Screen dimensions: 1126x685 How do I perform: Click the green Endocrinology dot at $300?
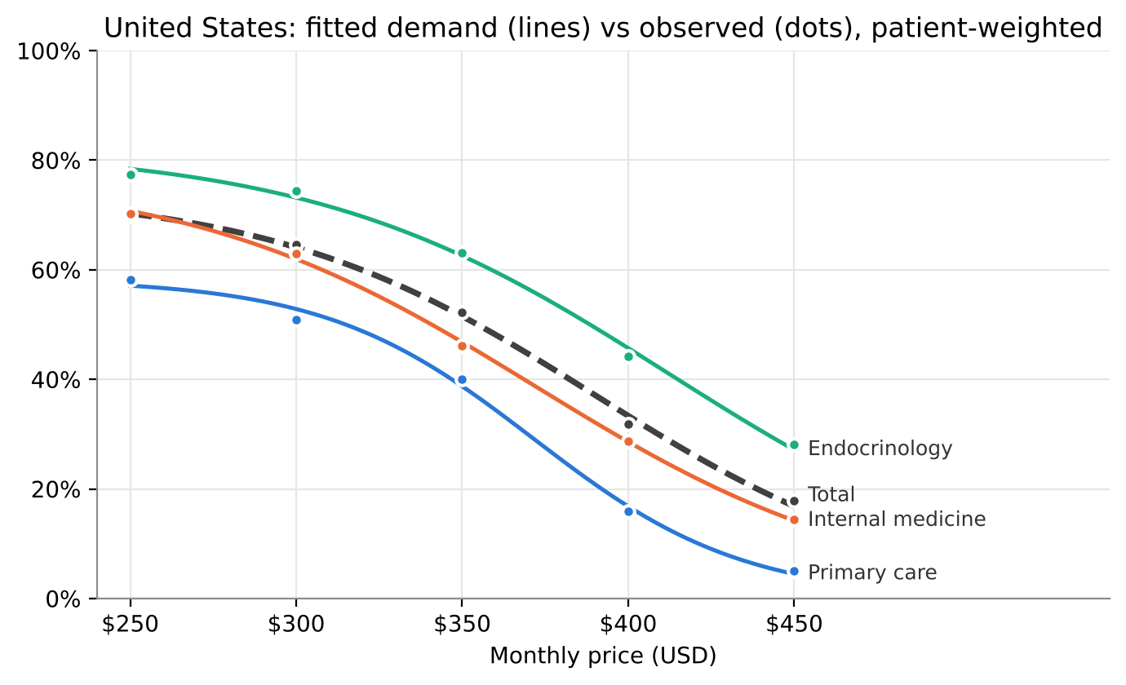[x=296, y=192]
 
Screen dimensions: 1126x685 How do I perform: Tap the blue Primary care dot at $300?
[x=296, y=320]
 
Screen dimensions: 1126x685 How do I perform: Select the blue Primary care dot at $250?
[x=131, y=281]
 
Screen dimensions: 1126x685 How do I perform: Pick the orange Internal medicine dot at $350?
[x=463, y=347]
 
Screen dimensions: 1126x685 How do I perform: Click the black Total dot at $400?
[x=628, y=425]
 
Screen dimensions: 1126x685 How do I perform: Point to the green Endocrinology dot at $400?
[x=628, y=357]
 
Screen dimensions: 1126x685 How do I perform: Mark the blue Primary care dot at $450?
[x=794, y=572]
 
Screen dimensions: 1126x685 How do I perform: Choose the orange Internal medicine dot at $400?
[x=628, y=442]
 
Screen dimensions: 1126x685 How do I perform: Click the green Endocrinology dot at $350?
[x=463, y=254]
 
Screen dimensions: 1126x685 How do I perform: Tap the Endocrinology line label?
[x=880, y=449]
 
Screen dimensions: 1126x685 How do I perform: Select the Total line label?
[x=831, y=494]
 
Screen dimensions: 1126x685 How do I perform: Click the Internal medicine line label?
[x=897, y=519]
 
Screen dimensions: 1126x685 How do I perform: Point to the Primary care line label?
[x=872, y=573]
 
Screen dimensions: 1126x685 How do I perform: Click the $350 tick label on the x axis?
[x=462, y=624]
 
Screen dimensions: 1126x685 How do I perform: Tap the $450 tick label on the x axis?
[x=794, y=624]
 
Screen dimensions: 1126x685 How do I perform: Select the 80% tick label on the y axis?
[x=55, y=161]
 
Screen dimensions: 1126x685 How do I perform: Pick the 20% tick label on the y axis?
[x=55, y=490]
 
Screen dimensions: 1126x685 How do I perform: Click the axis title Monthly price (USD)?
[x=603, y=656]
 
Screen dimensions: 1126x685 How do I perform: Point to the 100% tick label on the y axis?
[x=49, y=51]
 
